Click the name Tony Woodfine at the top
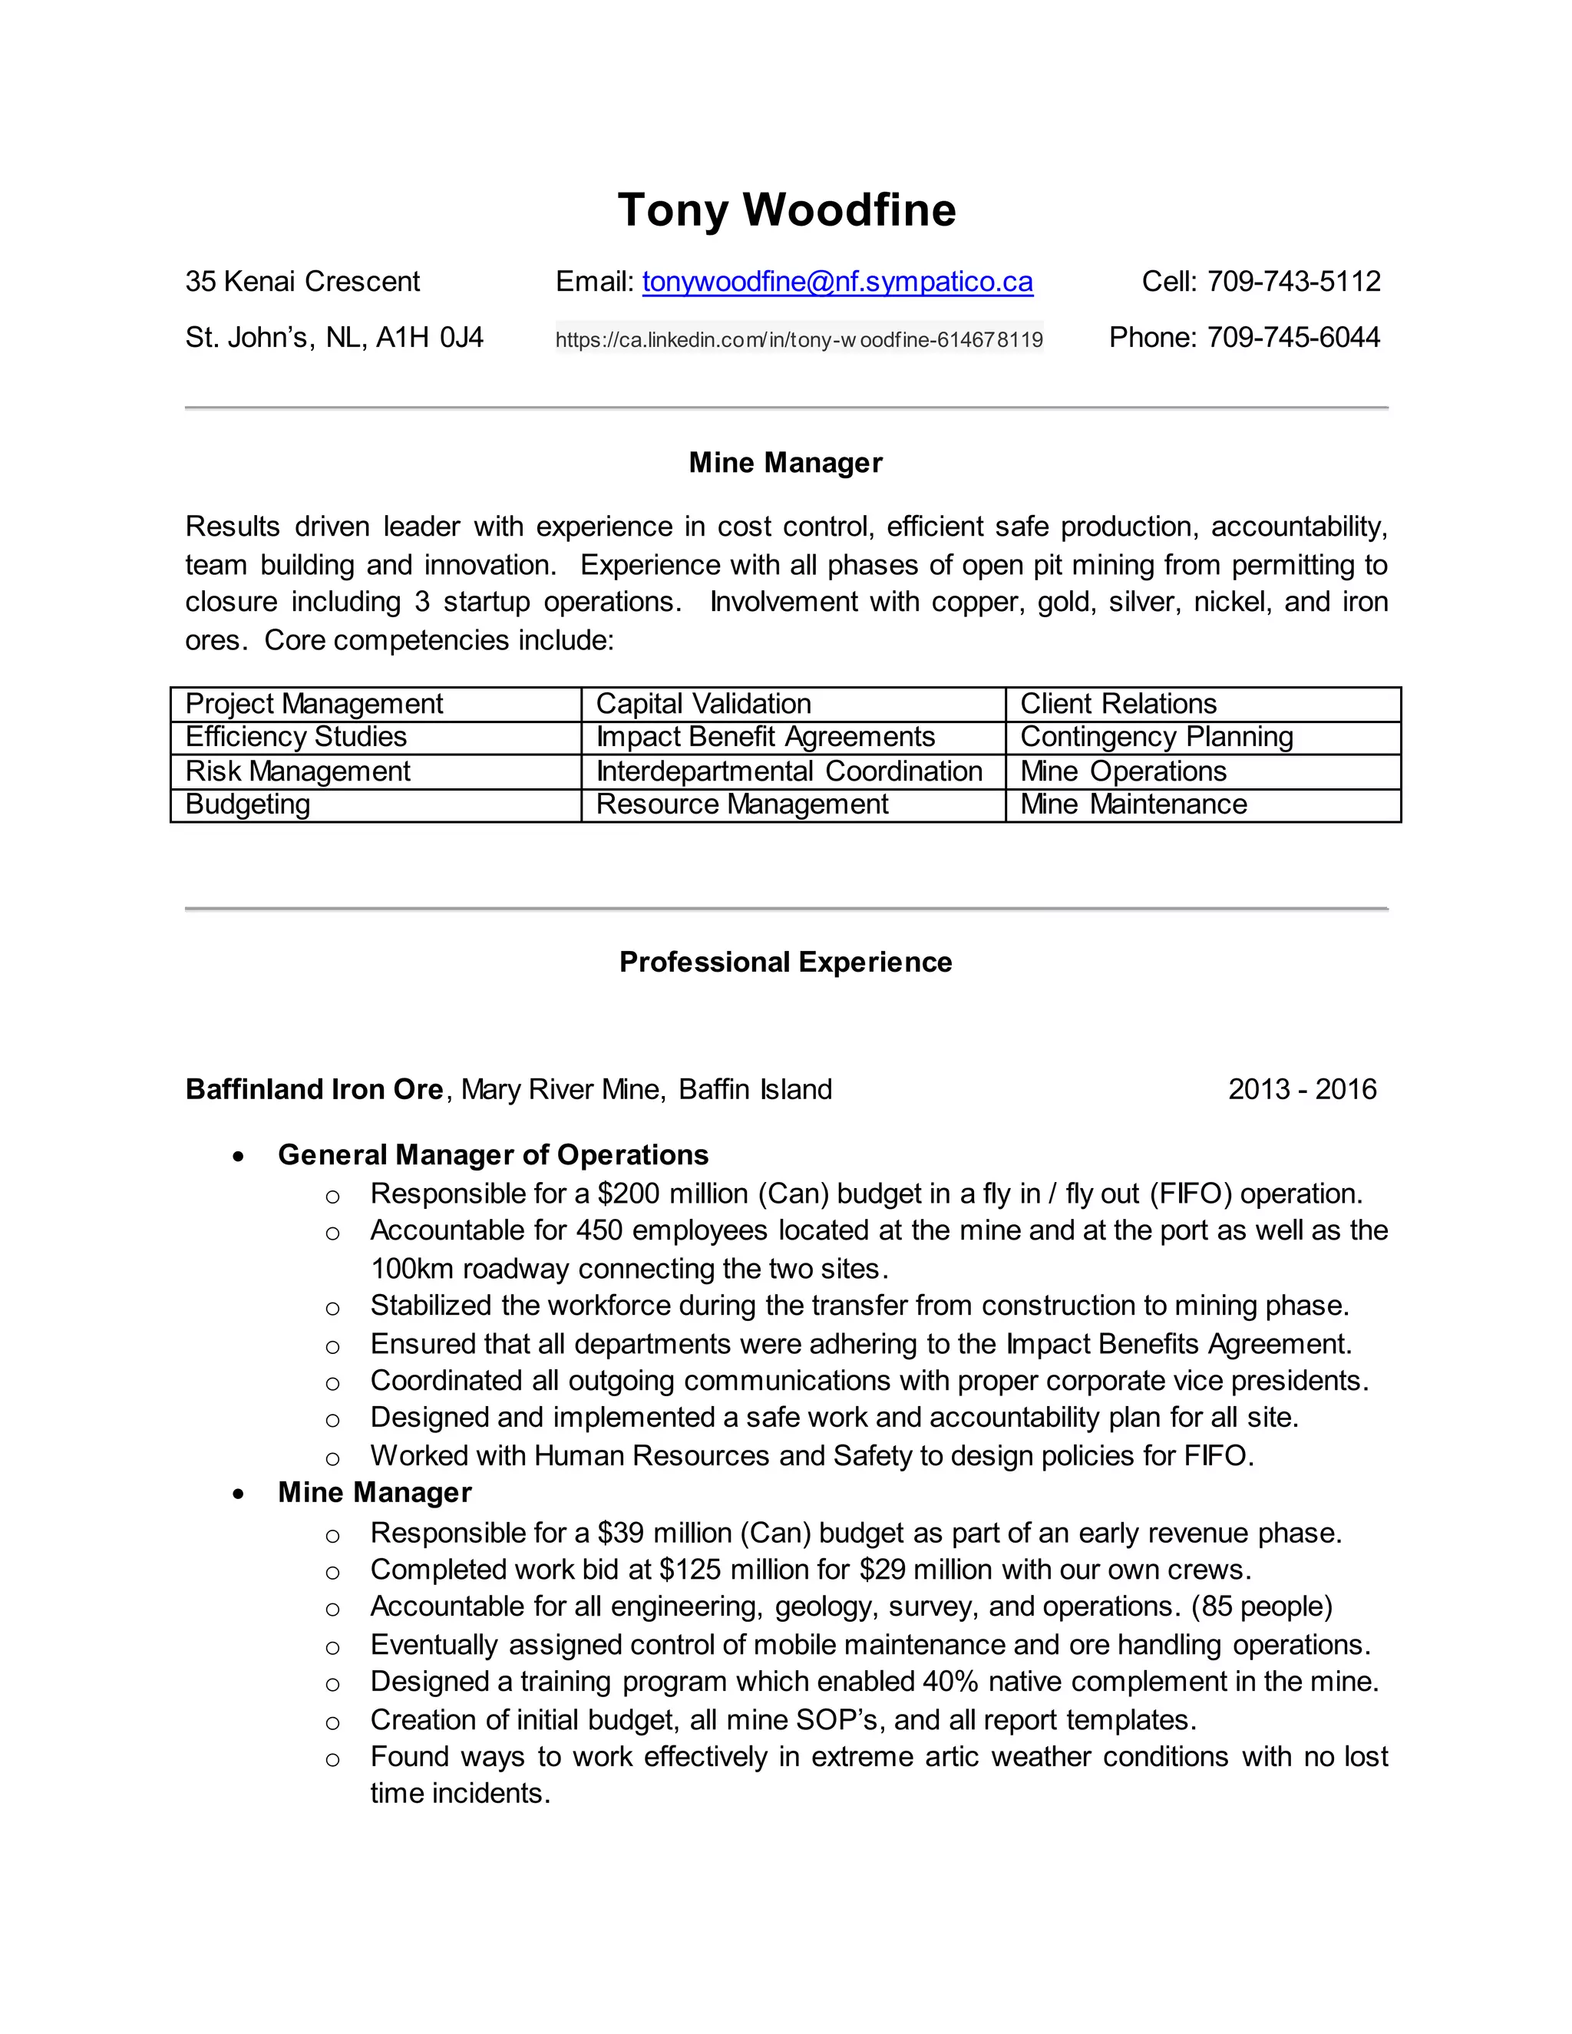(x=786, y=210)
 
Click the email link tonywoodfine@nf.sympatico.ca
(x=837, y=281)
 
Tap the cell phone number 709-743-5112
(x=1293, y=281)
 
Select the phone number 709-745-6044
(x=1293, y=337)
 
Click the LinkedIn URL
(x=799, y=340)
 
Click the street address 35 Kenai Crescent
(x=302, y=281)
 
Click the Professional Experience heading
(x=785, y=962)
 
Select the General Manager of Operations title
(x=493, y=1155)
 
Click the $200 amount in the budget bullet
(x=629, y=1194)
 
